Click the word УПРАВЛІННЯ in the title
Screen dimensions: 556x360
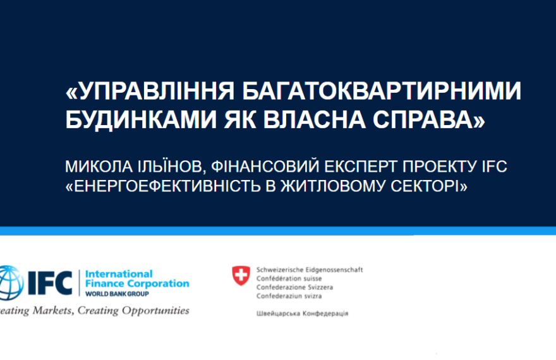(155, 91)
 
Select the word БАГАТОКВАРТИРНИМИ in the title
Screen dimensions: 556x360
(382, 91)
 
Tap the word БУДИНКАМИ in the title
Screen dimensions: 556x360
(141, 119)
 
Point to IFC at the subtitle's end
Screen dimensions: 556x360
(494, 167)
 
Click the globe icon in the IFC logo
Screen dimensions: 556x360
(11, 282)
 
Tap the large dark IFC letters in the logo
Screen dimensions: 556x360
(50, 283)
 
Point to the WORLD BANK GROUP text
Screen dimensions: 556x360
(117, 294)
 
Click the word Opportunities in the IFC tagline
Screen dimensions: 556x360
(155, 311)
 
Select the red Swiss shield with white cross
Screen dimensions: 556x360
(241, 275)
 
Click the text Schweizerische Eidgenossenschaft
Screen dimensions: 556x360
(310, 270)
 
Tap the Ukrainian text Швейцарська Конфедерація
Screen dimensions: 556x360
(303, 314)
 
